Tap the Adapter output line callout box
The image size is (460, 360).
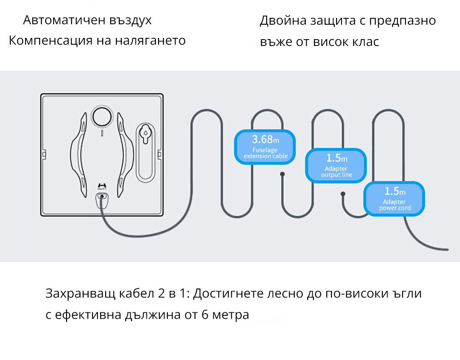336,166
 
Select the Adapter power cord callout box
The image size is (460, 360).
394,198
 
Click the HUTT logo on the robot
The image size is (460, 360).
101,186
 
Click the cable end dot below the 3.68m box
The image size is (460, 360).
282,174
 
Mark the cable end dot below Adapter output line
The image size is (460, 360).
342,194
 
